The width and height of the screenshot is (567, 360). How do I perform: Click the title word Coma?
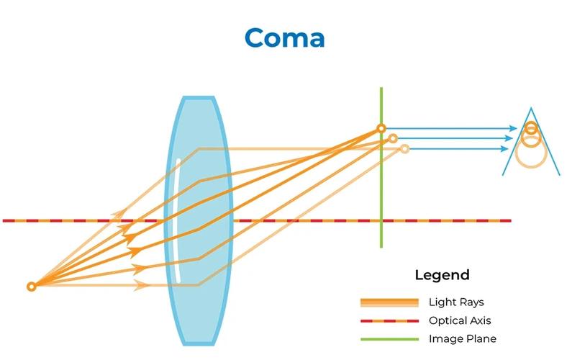click(x=285, y=37)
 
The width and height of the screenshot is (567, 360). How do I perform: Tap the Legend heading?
click(x=442, y=275)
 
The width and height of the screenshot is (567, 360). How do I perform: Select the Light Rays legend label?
click(x=456, y=302)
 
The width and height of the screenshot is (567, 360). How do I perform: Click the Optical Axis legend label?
click(x=460, y=320)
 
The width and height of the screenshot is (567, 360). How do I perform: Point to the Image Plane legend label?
click(x=463, y=338)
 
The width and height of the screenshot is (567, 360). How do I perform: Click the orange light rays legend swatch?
click(x=389, y=302)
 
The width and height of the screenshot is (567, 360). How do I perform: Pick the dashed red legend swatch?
click(x=389, y=321)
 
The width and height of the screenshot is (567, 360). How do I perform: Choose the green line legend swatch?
click(x=389, y=339)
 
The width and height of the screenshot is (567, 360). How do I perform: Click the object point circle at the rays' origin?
click(x=32, y=287)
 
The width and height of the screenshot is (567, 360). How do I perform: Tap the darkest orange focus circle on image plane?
click(x=381, y=128)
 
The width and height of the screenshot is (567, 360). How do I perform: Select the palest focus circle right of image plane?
click(x=404, y=149)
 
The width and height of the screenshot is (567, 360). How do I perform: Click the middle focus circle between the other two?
click(x=393, y=138)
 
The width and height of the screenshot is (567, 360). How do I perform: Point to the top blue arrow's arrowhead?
click(x=513, y=128)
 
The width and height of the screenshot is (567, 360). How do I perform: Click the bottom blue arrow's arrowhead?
click(x=504, y=149)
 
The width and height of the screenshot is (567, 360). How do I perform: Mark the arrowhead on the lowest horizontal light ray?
click(x=141, y=285)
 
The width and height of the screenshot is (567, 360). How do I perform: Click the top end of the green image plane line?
click(x=381, y=88)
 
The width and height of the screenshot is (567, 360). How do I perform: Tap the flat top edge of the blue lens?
click(x=199, y=98)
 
